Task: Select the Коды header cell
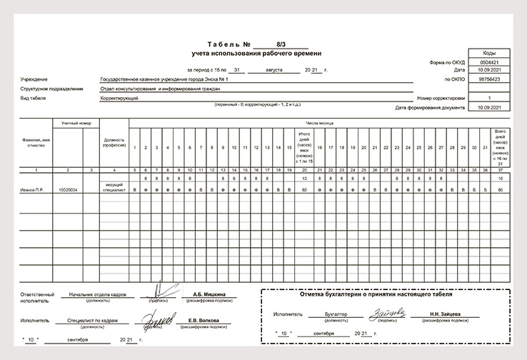point(490,54)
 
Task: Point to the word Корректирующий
point(119,98)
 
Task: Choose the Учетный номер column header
point(76,124)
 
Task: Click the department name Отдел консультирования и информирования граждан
point(161,89)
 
